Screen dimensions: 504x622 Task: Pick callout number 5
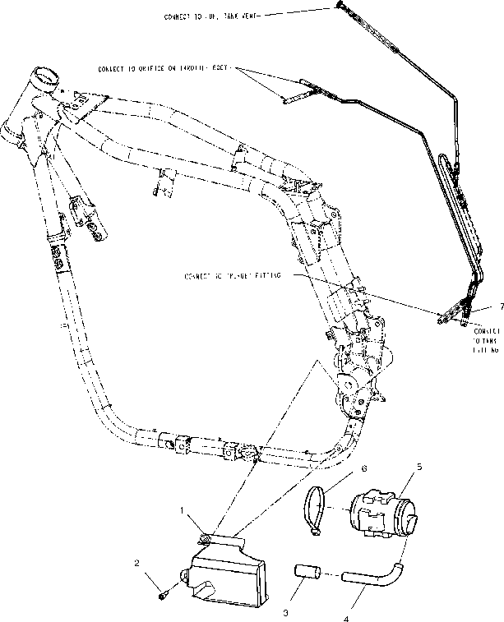419,466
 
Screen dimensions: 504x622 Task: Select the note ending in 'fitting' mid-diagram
234,277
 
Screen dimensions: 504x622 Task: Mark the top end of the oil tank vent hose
339,7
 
